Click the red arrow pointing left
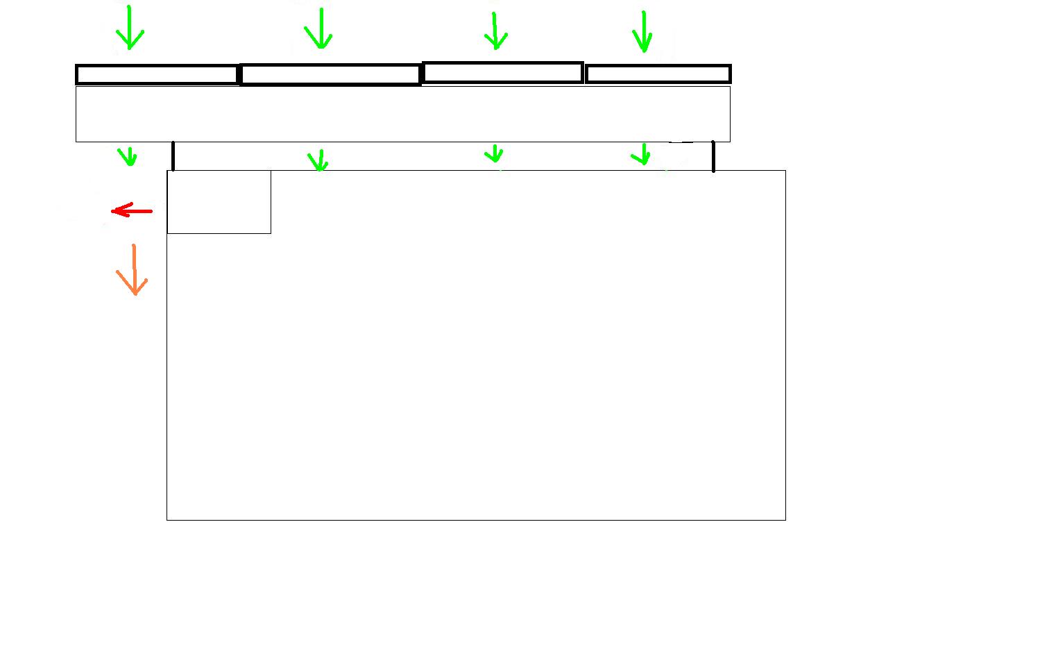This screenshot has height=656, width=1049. click(132, 210)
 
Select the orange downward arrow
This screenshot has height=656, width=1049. click(133, 270)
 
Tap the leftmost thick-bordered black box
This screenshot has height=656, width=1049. click(157, 74)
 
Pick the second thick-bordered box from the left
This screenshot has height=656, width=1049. click(330, 74)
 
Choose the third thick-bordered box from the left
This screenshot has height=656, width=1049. click(502, 72)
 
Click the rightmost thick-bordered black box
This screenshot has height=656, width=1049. click(658, 74)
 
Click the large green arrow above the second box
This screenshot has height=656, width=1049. click(319, 28)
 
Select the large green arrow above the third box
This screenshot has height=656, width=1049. click(495, 31)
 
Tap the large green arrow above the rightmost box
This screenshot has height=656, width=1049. click(643, 32)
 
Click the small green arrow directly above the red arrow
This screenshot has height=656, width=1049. click(127, 155)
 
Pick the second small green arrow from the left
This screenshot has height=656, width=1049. click(318, 160)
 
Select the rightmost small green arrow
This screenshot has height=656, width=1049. click(642, 154)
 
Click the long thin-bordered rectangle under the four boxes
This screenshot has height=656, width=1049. click(402, 114)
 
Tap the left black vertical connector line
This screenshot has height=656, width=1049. click(173, 155)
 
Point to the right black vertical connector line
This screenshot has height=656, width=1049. click(713, 156)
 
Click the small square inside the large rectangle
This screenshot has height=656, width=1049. click(219, 202)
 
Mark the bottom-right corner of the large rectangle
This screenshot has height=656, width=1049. click(785, 519)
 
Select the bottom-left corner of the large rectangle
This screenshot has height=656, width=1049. click(167, 519)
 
